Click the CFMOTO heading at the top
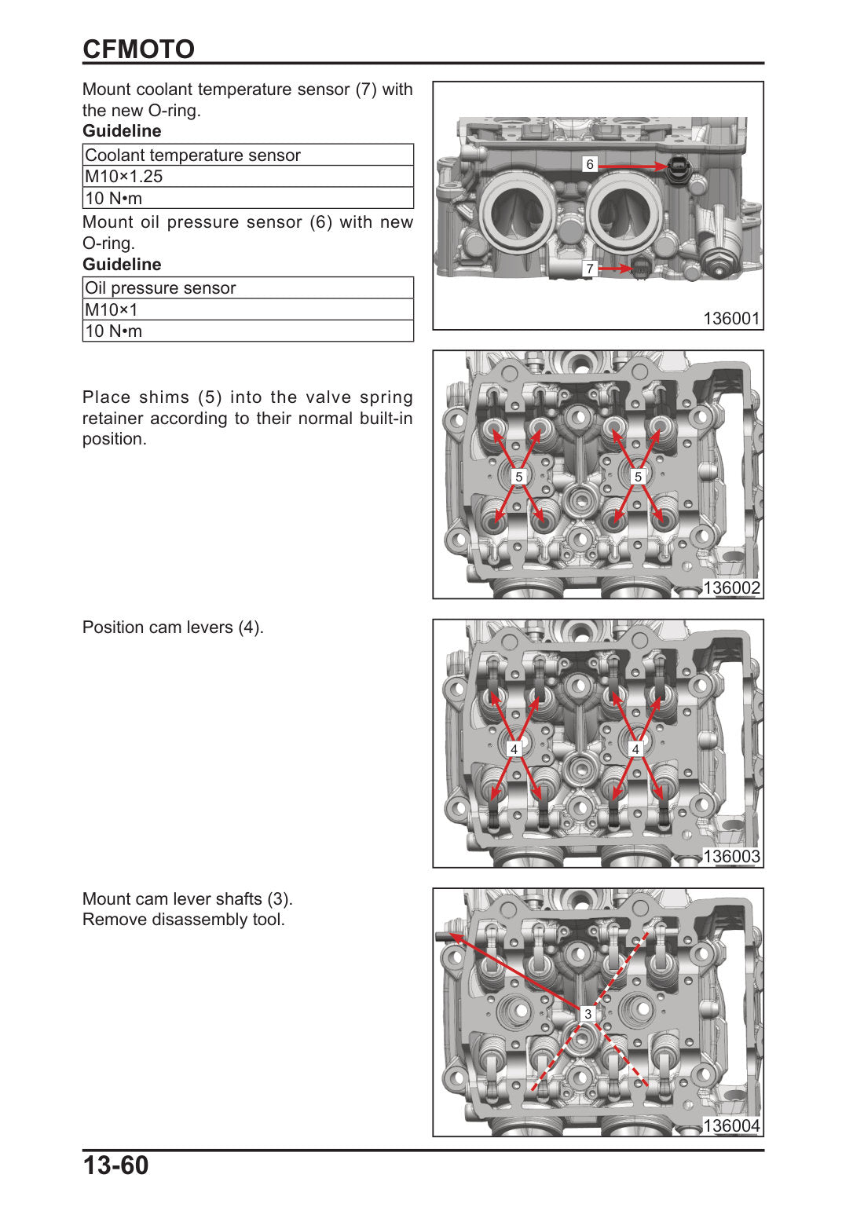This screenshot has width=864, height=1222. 138,49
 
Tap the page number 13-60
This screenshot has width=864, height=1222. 115,1165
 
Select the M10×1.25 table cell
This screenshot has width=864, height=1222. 248,176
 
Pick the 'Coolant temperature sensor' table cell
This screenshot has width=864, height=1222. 248,155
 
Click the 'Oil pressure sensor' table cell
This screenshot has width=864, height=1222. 248,287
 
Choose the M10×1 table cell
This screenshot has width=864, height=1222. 248,309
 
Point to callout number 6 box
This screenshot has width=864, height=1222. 589,164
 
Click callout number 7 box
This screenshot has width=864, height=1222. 589,269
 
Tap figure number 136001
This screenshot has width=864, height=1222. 731,319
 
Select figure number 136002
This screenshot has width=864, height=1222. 731,587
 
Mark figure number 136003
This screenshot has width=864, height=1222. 731,856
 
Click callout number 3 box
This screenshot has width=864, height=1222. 588,1014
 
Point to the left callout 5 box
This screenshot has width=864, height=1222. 518,477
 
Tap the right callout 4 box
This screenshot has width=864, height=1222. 635,749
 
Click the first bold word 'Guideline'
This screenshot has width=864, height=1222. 122,131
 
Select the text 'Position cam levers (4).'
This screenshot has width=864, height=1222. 173,627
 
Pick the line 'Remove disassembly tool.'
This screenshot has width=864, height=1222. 183,919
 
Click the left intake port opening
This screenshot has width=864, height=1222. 515,214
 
